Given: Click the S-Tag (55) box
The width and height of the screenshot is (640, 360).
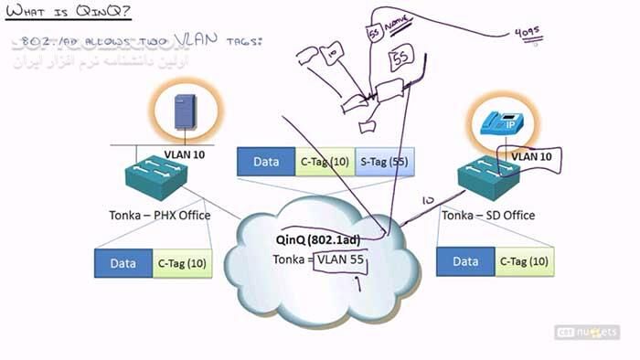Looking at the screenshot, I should point(384,162).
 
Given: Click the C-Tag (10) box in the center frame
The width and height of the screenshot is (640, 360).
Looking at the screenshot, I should point(325,162).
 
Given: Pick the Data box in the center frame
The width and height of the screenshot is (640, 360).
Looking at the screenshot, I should point(266,162).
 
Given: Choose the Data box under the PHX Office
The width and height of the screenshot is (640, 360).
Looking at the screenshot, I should point(123,263).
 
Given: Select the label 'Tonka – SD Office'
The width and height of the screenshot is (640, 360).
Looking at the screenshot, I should point(487,216).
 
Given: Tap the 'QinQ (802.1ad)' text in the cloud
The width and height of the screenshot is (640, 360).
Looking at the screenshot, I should point(317,239).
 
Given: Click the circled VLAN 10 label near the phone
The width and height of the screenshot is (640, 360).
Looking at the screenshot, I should point(533,156).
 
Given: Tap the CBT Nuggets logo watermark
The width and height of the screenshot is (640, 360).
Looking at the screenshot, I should point(587,332).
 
